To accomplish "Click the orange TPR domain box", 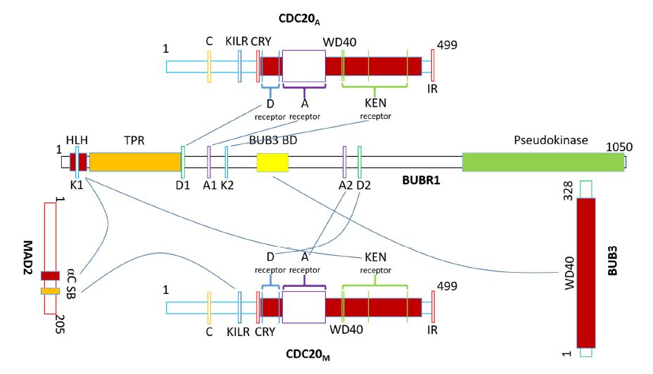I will tap(135, 162).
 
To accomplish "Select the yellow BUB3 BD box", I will tap(272, 162).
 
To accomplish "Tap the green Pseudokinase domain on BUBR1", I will tap(543, 162).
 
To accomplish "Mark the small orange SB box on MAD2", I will tap(50, 291).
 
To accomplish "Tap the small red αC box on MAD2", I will tap(50, 276).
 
